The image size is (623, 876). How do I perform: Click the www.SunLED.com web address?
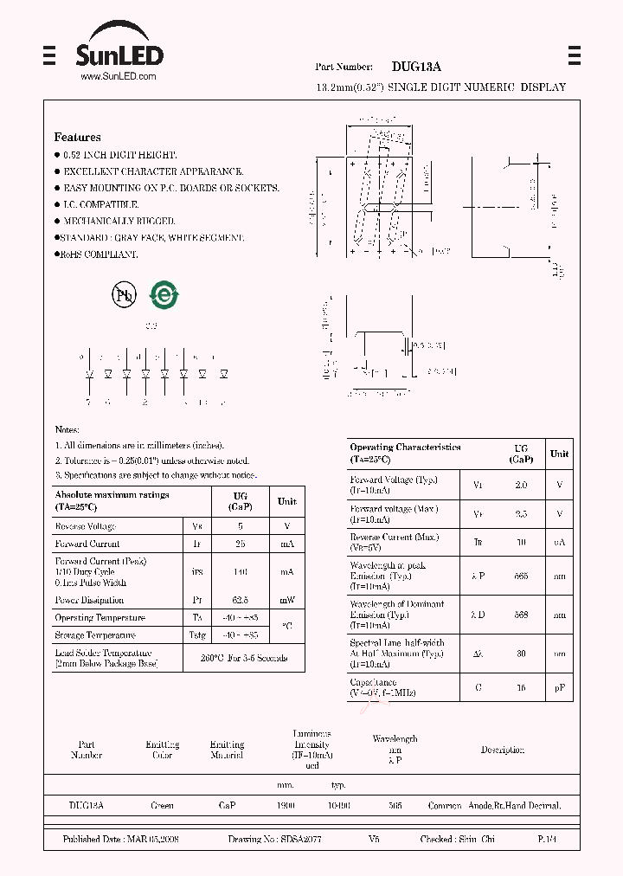pos(119,77)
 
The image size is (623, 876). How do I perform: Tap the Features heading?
pos(77,137)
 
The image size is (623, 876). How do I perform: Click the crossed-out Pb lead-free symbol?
pos(125,295)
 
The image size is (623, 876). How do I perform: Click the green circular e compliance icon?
pos(164,295)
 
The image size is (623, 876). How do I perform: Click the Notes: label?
pos(67,429)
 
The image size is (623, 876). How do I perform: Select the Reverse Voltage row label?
pos(85,525)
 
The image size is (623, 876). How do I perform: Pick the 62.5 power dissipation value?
pos(241,600)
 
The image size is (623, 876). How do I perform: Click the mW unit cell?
pos(286,600)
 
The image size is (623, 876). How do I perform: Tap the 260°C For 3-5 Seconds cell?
pos(245,658)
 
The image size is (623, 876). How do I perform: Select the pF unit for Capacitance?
pos(560,688)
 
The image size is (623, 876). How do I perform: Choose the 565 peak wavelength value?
pos(521,576)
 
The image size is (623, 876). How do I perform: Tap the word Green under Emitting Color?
pos(162,805)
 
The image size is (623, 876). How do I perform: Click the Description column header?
pos(502,750)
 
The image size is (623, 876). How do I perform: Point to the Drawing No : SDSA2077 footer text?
pos(275,840)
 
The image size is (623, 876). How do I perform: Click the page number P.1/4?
pos(548,840)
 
